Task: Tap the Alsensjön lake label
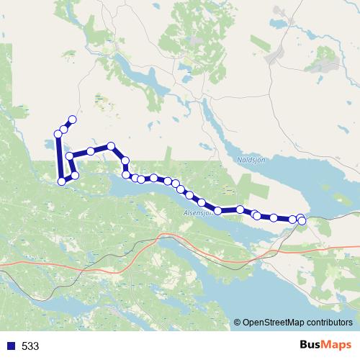coord(196,213)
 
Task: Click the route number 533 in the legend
coord(30,346)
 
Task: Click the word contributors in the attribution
coord(330,323)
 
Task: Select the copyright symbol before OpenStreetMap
coord(237,323)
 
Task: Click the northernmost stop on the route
coord(72,120)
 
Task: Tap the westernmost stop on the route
coord(58,134)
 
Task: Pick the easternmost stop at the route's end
coord(302,220)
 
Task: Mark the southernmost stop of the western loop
coord(62,181)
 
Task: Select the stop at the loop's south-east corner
coord(74,176)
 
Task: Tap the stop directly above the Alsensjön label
coord(202,202)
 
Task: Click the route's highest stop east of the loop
coord(111,145)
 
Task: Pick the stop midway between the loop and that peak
coord(91,151)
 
